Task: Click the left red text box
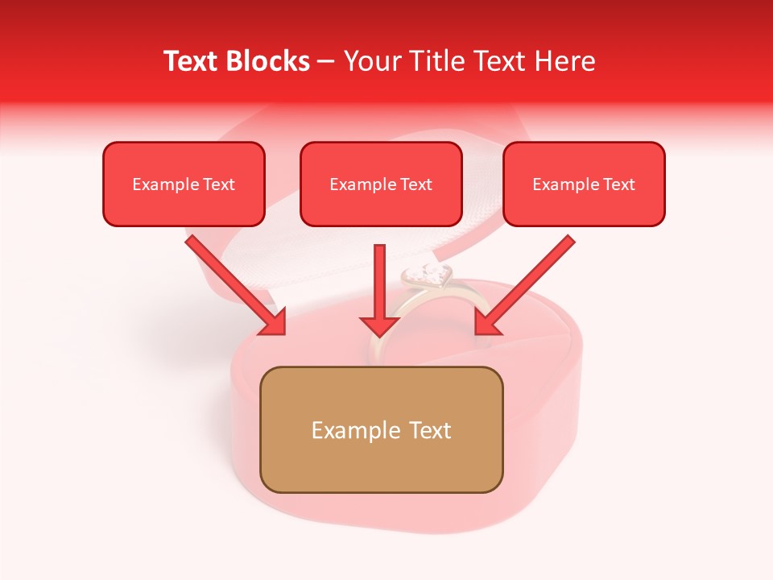click(x=184, y=184)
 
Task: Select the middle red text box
click(x=381, y=184)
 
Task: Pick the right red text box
click(x=584, y=184)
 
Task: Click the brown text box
click(x=381, y=429)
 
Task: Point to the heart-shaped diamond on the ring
click(x=427, y=276)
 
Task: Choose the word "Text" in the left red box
click(x=219, y=184)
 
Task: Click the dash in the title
click(x=327, y=62)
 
